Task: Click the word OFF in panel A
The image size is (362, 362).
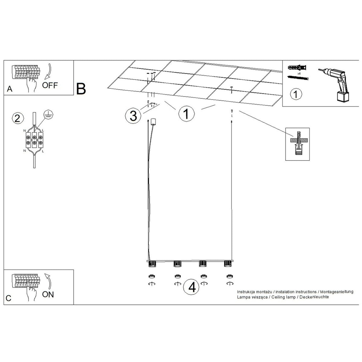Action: click(50, 85)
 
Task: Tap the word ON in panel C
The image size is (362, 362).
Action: click(48, 294)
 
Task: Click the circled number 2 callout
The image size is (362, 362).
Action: click(18, 119)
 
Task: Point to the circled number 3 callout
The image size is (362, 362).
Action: click(133, 116)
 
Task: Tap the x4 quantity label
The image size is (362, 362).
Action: click(299, 74)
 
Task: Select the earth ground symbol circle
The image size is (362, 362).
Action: click(48, 114)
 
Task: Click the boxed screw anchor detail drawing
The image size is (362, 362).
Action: click(297, 144)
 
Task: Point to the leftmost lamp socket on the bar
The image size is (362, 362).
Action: click(152, 264)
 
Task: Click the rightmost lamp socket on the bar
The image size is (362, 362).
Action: click(228, 264)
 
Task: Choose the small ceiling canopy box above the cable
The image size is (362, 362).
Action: click(154, 122)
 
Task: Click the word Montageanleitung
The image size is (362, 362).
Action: click(337, 292)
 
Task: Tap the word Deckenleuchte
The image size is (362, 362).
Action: click(314, 297)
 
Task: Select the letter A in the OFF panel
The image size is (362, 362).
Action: click(10, 89)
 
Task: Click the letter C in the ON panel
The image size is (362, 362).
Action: click(9, 298)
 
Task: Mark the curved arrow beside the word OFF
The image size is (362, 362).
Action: click(49, 72)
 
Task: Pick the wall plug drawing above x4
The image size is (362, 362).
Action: click(297, 68)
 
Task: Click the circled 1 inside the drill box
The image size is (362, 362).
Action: click(296, 94)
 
